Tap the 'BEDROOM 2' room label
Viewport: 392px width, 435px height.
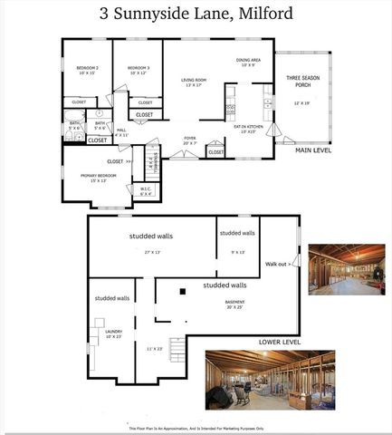click(x=86, y=69)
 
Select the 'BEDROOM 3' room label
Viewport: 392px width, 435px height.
click(x=138, y=69)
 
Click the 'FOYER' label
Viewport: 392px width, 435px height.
click(x=190, y=139)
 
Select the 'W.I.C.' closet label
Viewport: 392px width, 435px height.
click(x=146, y=190)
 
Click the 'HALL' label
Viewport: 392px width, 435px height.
click(x=120, y=130)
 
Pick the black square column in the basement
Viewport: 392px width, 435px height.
click(x=182, y=291)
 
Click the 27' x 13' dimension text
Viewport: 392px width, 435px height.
click(x=151, y=252)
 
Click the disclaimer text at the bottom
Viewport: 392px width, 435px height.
click(x=196, y=428)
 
